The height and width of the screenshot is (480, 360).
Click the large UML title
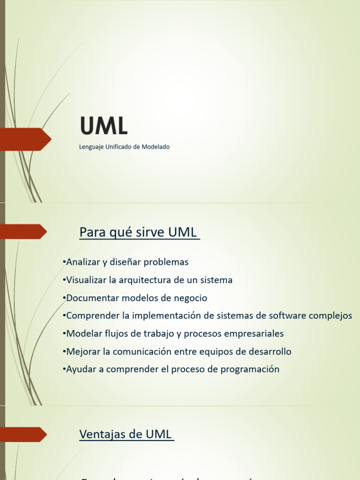pos(104,126)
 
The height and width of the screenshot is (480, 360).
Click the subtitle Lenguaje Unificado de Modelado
pos(124,147)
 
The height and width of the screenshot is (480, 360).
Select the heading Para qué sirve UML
pos(138,232)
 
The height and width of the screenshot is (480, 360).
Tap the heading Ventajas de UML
pos(126,435)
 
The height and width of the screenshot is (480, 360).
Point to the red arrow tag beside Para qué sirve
pos(25,232)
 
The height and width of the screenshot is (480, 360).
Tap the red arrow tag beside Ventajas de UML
pos(25,435)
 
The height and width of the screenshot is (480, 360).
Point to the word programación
pos(249,369)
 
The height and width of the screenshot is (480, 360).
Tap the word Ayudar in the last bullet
pos(81,369)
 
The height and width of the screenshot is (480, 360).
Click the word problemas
pos(166,262)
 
